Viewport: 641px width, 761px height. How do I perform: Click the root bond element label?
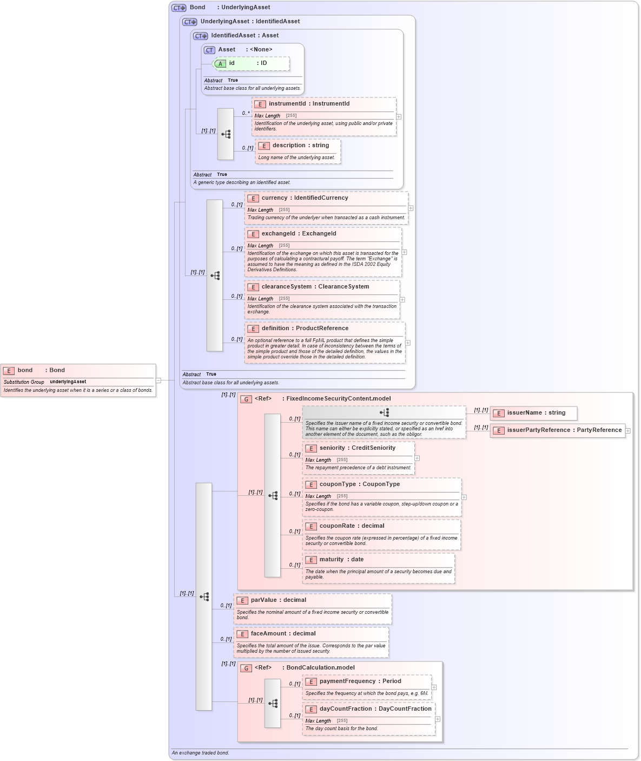tap(25, 370)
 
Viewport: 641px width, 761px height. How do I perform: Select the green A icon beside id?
tap(220, 64)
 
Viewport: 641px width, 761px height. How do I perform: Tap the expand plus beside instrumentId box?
tap(399, 117)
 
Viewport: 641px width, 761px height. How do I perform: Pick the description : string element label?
tap(300, 146)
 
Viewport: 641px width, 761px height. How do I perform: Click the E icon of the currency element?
tap(253, 199)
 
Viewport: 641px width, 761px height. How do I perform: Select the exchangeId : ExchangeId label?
tap(299, 234)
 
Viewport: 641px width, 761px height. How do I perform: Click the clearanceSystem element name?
tap(287, 287)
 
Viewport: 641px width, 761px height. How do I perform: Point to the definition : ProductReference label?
tap(305, 329)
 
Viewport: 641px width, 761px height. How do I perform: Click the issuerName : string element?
tap(536, 413)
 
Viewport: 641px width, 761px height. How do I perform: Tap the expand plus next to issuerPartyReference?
tap(628, 431)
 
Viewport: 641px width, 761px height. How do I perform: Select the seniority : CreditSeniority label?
tap(357, 448)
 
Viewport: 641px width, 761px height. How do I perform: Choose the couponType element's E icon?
tap(311, 485)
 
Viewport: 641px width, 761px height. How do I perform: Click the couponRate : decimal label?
tap(352, 526)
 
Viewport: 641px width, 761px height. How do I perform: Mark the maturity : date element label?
tap(341, 560)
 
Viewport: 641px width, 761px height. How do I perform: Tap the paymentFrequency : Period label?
tap(360, 681)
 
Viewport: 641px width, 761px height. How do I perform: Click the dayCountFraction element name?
tap(345, 709)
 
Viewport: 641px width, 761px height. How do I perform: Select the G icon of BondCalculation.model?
tap(246, 668)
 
